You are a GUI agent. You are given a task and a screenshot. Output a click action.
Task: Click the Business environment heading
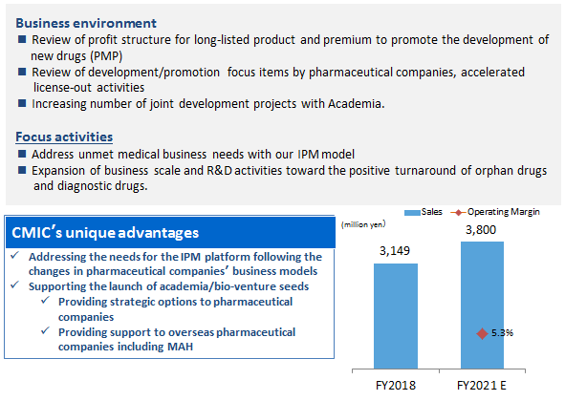point(86,24)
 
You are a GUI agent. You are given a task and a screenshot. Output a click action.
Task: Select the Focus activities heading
point(64,137)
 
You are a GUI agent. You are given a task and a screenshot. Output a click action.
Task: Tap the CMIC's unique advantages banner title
point(105,233)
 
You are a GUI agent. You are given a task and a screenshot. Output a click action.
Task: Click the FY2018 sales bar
point(396,316)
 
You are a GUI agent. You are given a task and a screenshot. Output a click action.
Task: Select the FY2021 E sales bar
point(482,306)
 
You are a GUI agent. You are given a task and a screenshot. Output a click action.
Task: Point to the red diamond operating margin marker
point(482,333)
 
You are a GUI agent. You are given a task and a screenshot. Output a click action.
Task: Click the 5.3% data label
point(502,333)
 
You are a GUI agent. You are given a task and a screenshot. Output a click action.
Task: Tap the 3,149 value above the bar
point(395,251)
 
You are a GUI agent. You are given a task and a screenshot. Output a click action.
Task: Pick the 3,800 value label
point(481,230)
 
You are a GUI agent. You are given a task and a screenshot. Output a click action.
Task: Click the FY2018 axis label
point(396,386)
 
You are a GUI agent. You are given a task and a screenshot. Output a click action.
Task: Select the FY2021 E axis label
point(482,386)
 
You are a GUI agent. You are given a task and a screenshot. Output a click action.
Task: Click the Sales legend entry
point(423,212)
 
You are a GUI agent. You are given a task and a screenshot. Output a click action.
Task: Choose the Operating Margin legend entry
point(495,212)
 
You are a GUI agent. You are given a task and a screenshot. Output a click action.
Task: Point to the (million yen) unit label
point(363,224)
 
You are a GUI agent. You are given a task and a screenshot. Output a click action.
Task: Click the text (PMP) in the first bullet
point(106,56)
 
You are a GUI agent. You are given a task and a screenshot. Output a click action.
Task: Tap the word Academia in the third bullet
point(356,104)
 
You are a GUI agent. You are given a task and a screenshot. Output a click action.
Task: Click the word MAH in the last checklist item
point(180,347)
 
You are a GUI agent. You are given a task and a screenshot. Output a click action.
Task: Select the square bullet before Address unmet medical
point(22,154)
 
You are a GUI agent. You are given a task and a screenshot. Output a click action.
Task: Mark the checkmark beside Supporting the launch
point(14,285)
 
